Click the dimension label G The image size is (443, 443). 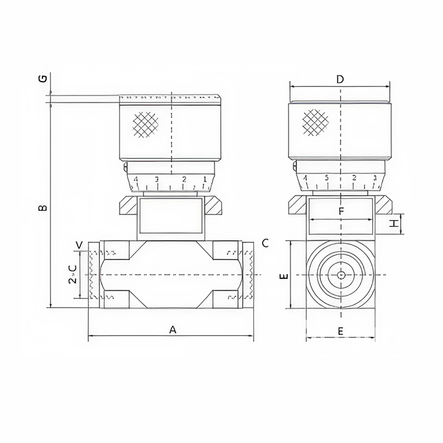(x=42, y=78)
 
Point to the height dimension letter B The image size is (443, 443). (x=42, y=208)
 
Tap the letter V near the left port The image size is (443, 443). (x=79, y=245)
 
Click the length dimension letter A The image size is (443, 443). (x=172, y=329)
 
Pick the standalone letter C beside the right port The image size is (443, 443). (x=265, y=243)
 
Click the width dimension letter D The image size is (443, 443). (x=340, y=80)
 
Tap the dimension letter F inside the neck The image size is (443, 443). (x=341, y=211)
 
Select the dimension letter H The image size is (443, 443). (x=394, y=223)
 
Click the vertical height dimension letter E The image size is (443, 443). (x=284, y=276)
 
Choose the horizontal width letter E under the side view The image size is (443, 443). (x=340, y=331)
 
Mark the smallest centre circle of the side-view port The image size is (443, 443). (x=341, y=275)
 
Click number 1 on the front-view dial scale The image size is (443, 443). (x=204, y=180)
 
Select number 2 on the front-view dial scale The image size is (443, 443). (x=184, y=180)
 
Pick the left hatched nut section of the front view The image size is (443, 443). (x=127, y=206)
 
